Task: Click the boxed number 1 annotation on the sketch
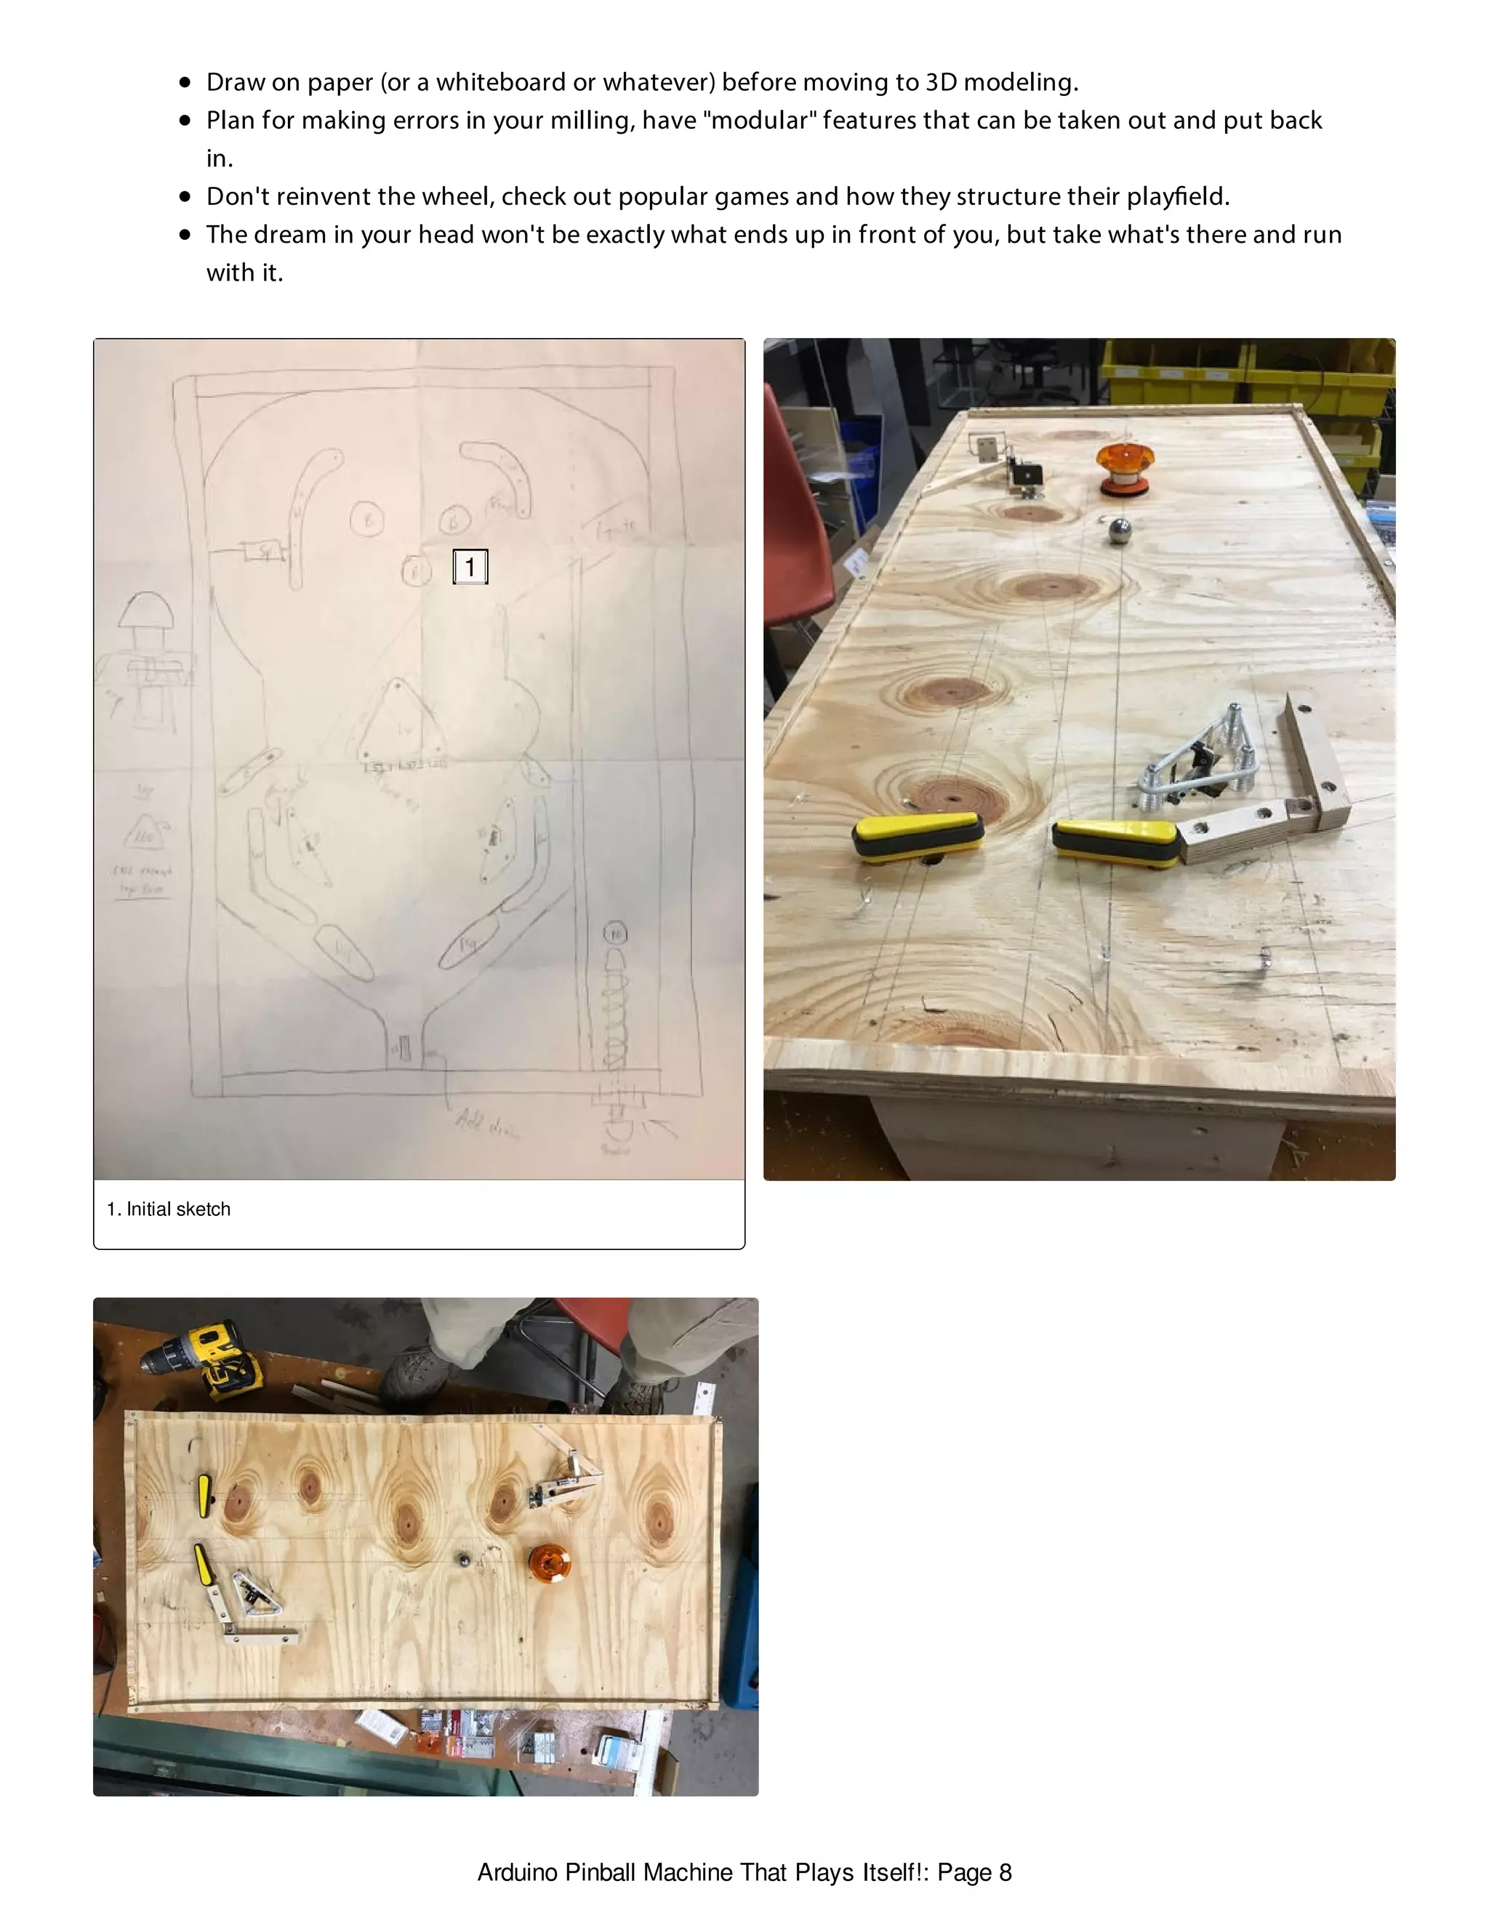[x=470, y=566]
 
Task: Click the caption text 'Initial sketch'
[x=178, y=1209]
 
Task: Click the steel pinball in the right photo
[x=1118, y=532]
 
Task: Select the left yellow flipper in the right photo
[x=918, y=835]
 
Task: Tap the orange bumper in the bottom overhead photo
[x=549, y=1563]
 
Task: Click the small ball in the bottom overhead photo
[x=462, y=1559]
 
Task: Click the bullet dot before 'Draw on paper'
[x=185, y=82]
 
